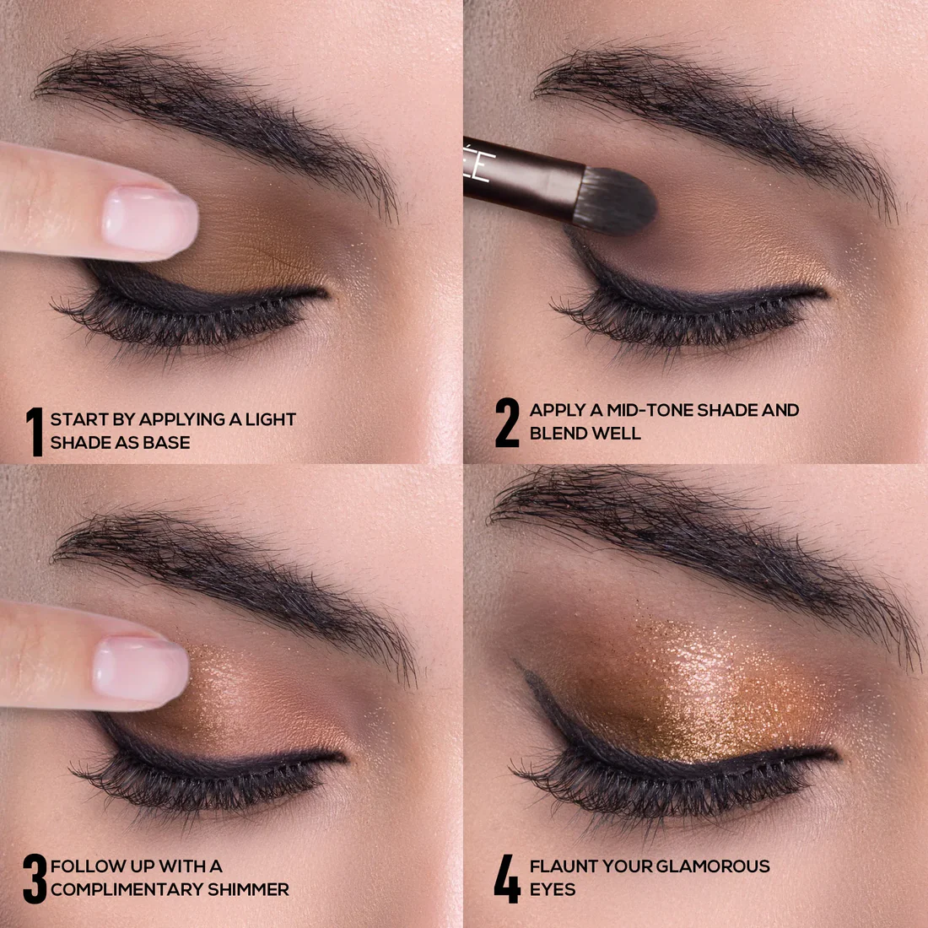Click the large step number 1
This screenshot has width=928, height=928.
(x=35, y=431)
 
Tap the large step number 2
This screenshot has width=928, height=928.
(x=507, y=423)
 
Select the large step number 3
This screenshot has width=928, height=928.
(x=35, y=879)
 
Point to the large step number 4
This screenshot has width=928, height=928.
(x=507, y=879)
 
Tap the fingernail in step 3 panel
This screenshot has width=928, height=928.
(x=141, y=669)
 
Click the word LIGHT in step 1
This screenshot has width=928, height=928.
(x=271, y=419)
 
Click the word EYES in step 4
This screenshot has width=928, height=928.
(x=553, y=889)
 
